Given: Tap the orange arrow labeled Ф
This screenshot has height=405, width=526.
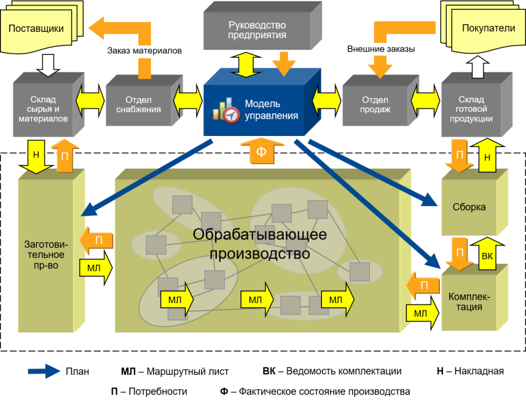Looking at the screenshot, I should [261, 152].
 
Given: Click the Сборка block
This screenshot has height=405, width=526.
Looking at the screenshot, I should [469, 207].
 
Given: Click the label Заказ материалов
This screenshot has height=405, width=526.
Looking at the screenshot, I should [145, 50].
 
